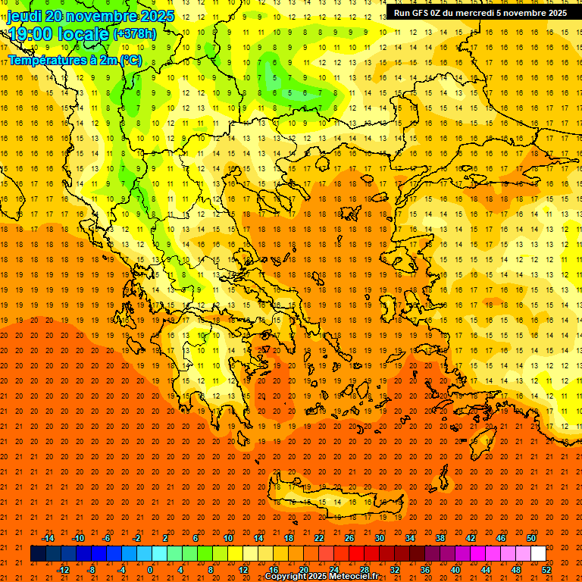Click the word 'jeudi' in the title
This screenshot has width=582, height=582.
click(24, 16)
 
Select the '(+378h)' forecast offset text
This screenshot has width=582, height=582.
click(134, 34)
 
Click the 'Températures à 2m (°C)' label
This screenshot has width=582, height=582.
click(74, 60)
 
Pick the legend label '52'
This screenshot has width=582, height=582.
click(547, 569)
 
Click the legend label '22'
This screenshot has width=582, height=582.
click(319, 538)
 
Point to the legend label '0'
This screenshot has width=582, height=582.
click(151, 569)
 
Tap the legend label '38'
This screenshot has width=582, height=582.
click(440, 538)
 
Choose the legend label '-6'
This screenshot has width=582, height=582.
click(107, 538)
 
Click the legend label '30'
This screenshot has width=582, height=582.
click(380, 538)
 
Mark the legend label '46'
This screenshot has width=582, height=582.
click(501, 538)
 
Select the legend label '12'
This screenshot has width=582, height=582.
click(243, 569)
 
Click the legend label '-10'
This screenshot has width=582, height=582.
click(77, 538)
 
